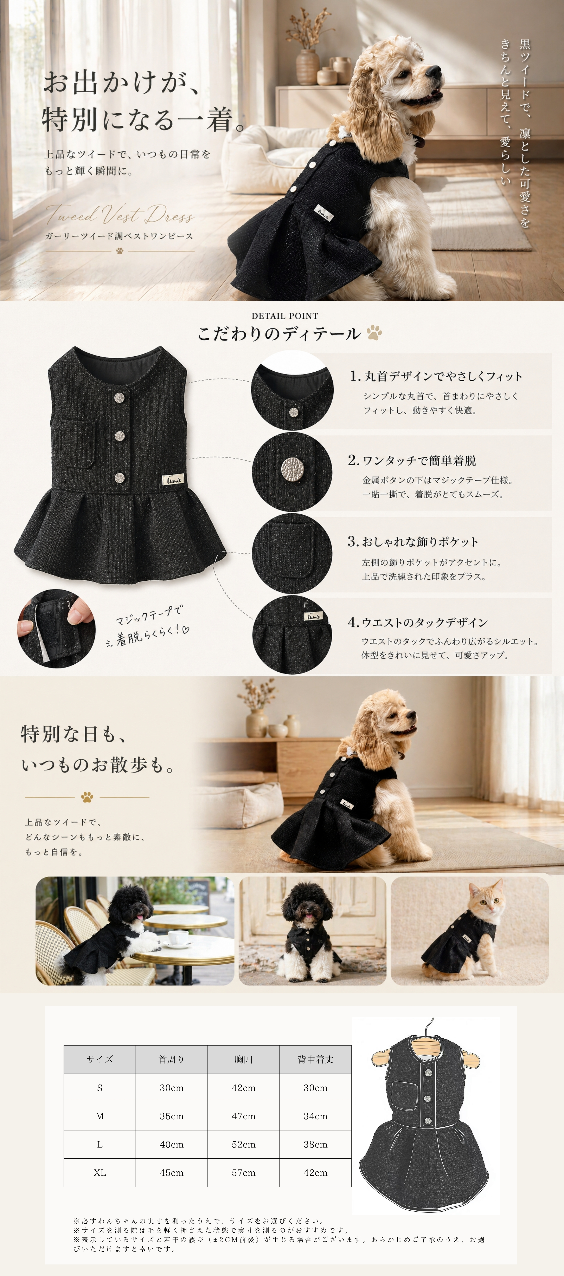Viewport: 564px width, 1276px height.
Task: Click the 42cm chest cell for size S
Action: [x=243, y=1088]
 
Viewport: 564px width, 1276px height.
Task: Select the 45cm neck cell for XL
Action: [x=172, y=1172]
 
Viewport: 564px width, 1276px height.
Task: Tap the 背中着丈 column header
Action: [x=315, y=1060]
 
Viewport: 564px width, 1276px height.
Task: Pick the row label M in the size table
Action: [x=100, y=1116]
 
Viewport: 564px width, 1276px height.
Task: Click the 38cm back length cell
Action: [x=315, y=1144]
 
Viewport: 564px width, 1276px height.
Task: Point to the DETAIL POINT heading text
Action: [x=285, y=315]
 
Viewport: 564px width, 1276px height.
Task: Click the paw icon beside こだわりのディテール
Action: [x=374, y=332]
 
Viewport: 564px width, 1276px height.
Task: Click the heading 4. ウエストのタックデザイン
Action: [x=417, y=622]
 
